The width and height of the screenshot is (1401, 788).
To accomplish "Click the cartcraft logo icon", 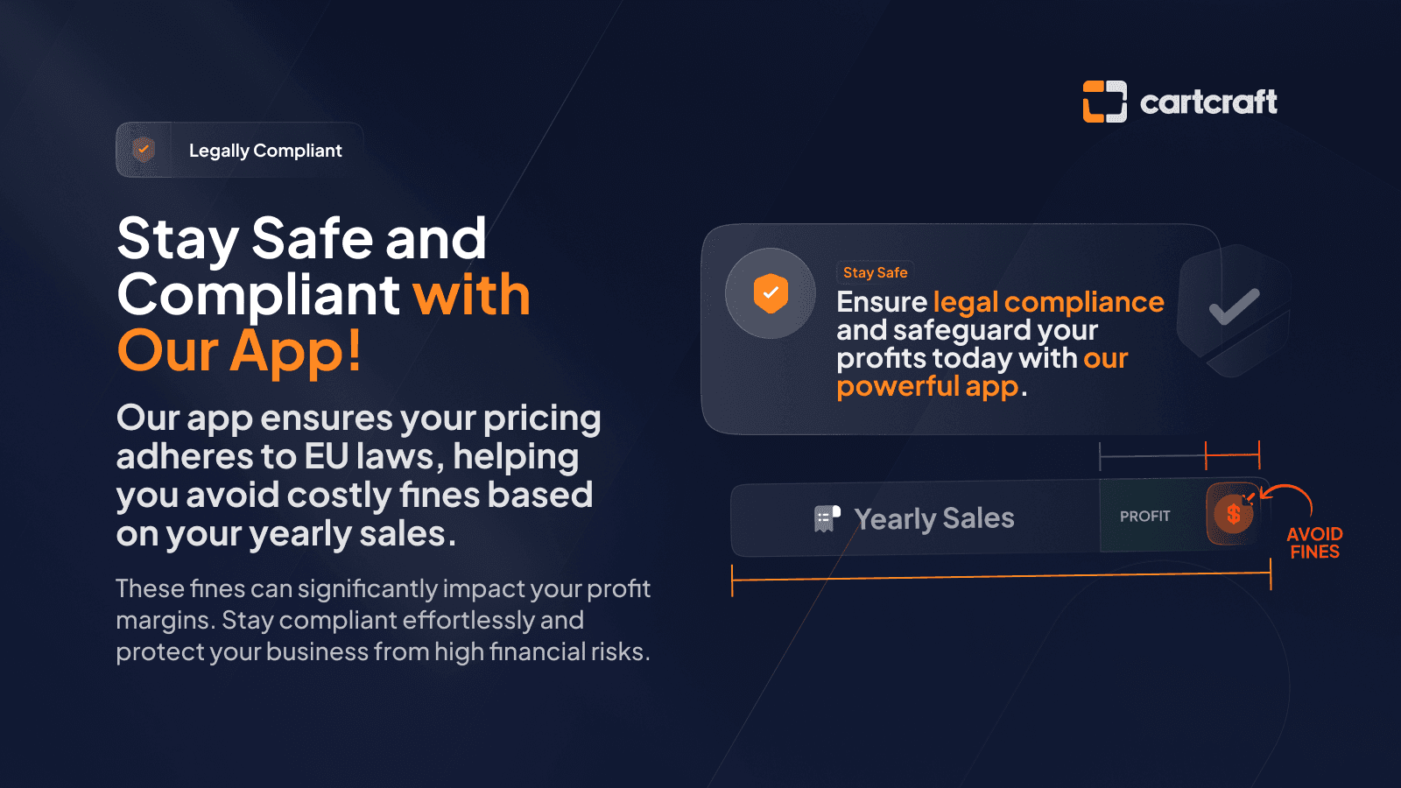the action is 1104,102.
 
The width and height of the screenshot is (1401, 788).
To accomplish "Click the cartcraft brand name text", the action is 1208,102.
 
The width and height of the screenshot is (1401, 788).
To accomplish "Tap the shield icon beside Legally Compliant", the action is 144,150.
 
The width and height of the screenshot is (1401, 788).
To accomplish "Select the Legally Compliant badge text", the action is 265,150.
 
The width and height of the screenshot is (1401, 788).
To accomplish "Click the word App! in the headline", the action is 296,351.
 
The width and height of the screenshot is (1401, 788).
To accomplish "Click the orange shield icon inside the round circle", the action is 771,292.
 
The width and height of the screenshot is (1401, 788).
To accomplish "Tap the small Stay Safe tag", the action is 875,272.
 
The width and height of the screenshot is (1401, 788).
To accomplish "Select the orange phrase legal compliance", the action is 1049,302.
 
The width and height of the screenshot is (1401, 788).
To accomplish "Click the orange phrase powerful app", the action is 928,386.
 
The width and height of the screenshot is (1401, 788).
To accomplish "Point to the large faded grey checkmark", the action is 1234,306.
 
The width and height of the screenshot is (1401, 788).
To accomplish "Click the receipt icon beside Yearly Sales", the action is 827,518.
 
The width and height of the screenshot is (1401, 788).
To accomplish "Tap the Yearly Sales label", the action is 933,518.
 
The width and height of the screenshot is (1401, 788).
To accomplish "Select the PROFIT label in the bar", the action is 1144,517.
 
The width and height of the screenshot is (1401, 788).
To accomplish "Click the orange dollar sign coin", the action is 1232,514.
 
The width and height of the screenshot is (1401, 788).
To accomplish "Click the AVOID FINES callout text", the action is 1314,543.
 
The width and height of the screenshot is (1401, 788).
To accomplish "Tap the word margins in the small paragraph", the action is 165,622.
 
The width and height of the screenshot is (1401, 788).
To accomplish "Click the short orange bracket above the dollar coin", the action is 1233,454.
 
